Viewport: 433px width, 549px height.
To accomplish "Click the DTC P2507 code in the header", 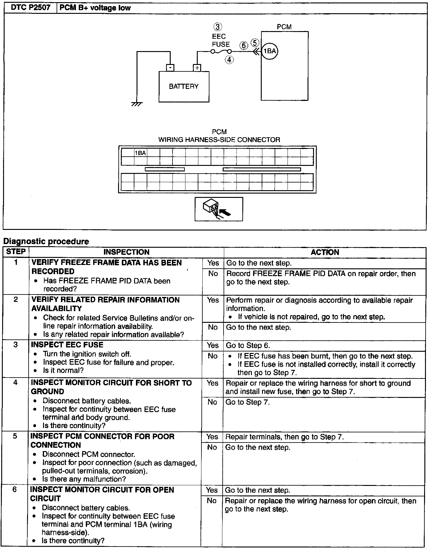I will tap(30, 8).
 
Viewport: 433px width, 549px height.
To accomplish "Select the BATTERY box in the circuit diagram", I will tap(184, 86).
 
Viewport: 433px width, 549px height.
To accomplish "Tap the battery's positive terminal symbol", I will tap(197, 68).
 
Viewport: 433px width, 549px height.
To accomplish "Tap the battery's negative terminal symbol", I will tap(170, 68).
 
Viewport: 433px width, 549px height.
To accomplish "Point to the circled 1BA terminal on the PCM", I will tap(270, 51).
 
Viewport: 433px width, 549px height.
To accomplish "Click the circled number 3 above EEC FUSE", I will tap(218, 27).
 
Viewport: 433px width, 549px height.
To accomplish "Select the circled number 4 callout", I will tap(229, 60).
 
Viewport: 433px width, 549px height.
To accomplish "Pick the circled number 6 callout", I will tap(244, 46).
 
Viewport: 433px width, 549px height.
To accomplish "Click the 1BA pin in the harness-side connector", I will tap(141, 153).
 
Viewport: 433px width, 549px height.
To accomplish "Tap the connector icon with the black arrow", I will tap(218, 209).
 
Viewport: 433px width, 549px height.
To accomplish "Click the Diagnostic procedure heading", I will tap(46, 242).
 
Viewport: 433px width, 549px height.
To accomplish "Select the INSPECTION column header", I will tap(126, 252).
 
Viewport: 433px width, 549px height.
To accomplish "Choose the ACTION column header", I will tap(325, 252).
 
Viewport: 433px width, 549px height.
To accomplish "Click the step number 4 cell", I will tap(16, 383).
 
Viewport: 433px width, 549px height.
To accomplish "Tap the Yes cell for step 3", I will tap(213, 345).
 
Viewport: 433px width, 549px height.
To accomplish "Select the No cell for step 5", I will tap(212, 447).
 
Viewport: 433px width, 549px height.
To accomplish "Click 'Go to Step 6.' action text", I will tap(248, 345).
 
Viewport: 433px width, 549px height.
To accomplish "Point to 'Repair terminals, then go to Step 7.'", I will tap(284, 437).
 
